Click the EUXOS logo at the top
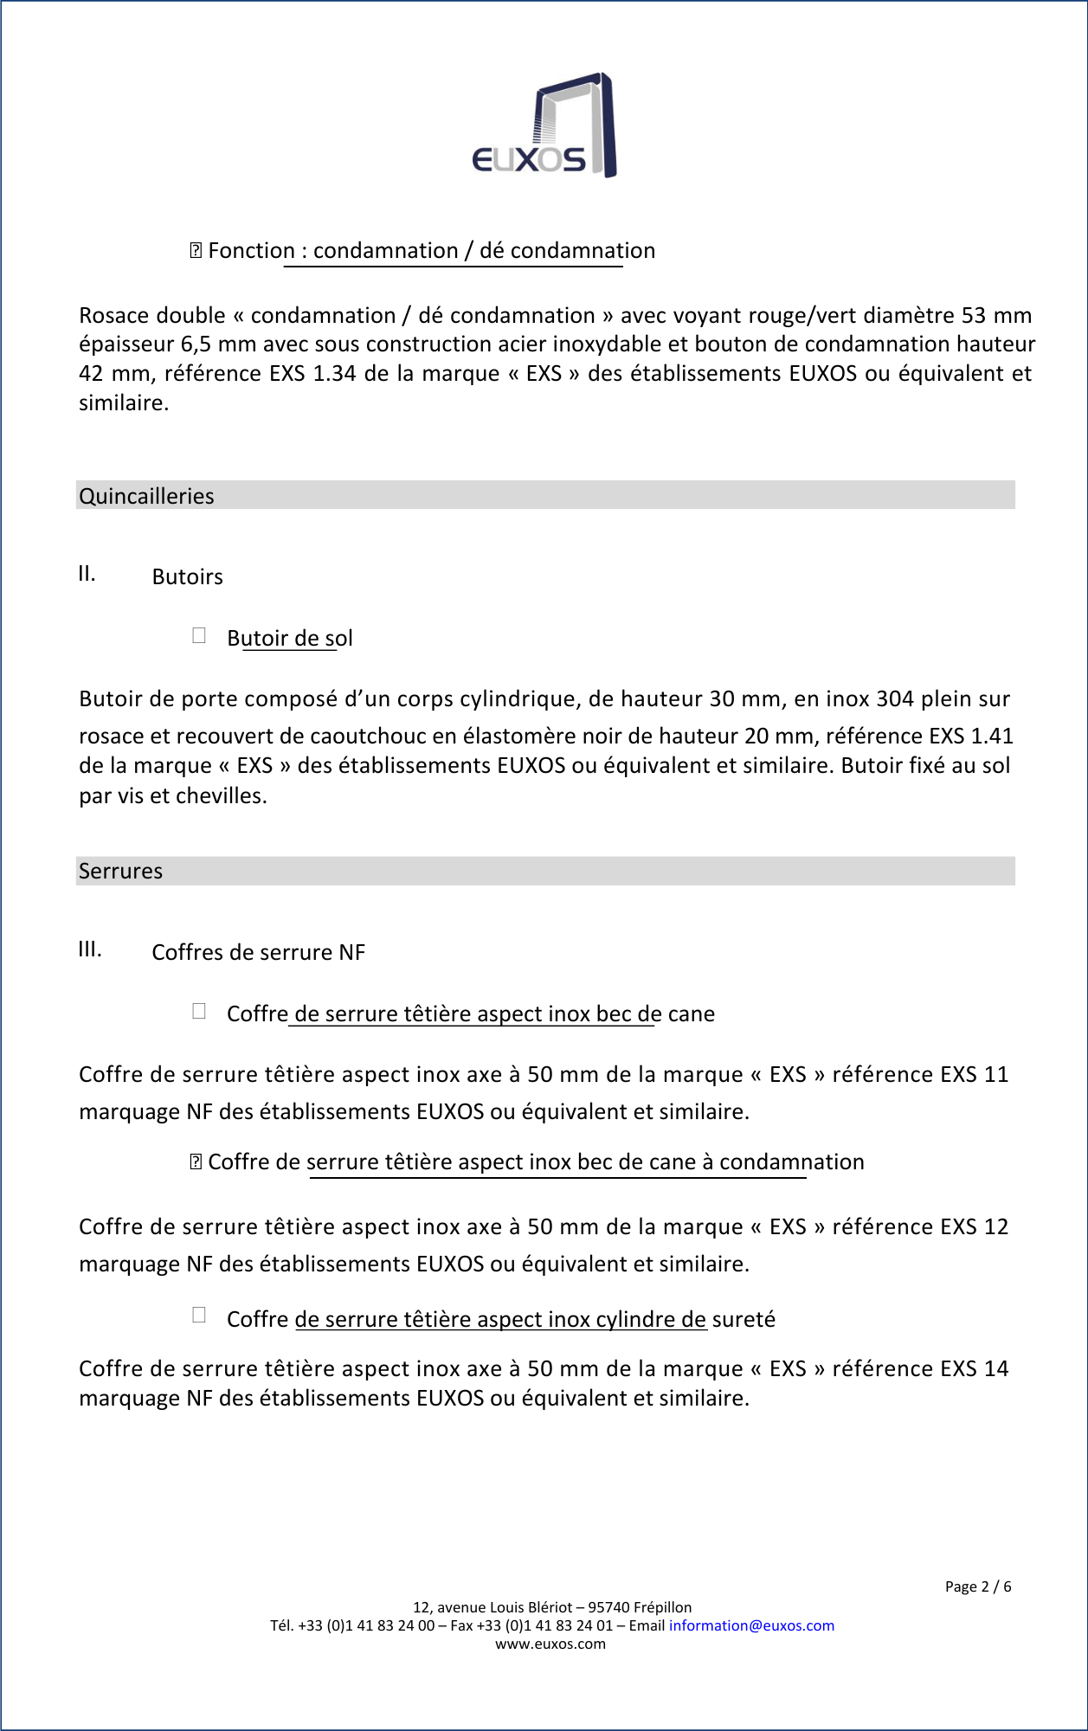[x=544, y=126]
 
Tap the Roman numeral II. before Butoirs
[x=87, y=574]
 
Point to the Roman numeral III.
[x=90, y=949]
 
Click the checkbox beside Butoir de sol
[x=199, y=636]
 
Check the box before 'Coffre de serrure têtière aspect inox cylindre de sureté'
[x=199, y=1316]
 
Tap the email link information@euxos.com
[x=751, y=1625]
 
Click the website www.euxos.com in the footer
[x=550, y=1644]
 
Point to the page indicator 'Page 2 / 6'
[x=977, y=1586]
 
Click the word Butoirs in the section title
[x=187, y=577]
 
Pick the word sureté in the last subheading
[x=744, y=1320]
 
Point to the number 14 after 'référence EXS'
[x=996, y=1368]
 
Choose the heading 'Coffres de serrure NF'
[x=258, y=953]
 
